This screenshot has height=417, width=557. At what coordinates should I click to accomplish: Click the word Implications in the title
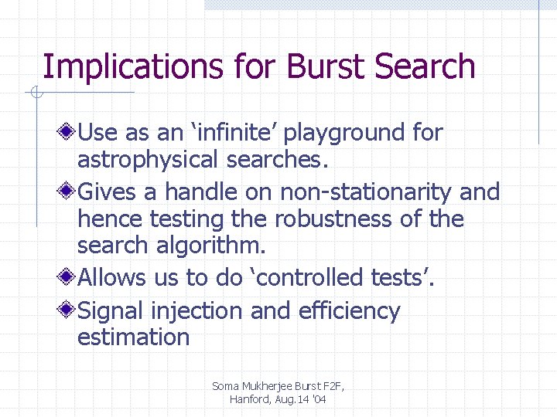(x=109, y=67)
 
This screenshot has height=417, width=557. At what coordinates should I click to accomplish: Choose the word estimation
(x=133, y=337)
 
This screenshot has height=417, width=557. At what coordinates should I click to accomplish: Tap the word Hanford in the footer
(x=248, y=399)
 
